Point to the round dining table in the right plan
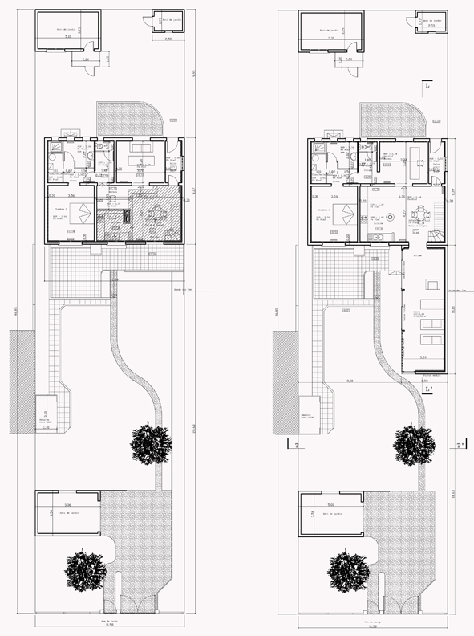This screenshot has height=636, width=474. click(419, 214)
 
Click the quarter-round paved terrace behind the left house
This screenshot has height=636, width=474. click(128, 119)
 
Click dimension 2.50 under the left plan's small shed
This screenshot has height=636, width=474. click(168, 39)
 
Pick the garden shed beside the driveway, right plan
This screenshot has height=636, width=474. click(331, 513)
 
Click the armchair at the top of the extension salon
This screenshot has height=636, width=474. click(431, 284)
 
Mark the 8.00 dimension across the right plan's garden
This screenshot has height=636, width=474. click(350, 380)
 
